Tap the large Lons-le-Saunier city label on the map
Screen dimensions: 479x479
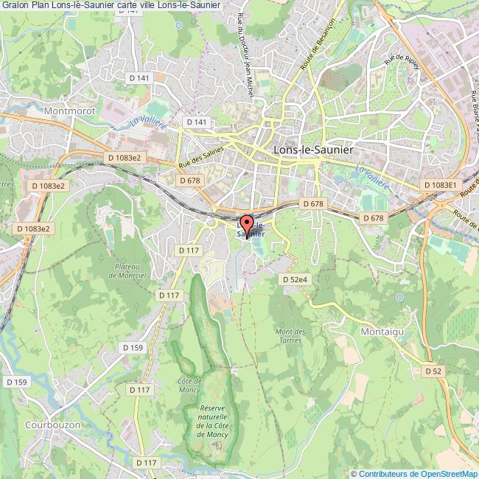[x=312, y=149]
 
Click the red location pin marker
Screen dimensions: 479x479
[x=246, y=223]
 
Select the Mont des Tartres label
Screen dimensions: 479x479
[x=290, y=335]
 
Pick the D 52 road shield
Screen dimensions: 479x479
[x=433, y=371]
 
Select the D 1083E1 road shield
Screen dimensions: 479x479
[x=440, y=184]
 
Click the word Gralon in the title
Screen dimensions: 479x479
[x=15, y=5]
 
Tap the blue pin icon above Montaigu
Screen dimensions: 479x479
[x=399, y=298]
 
